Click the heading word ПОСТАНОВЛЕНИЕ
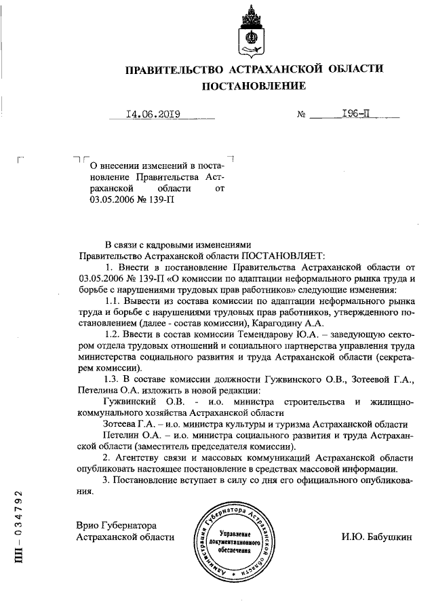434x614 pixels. pyautogui.click(x=254, y=86)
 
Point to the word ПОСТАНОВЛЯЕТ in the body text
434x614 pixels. pyautogui.click(x=283, y=256)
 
